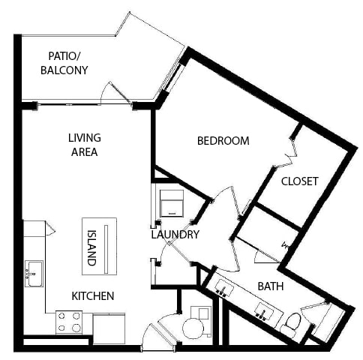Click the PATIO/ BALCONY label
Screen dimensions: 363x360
64,63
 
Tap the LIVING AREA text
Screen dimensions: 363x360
85,145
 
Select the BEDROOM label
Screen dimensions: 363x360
223,141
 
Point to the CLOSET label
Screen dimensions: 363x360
300,181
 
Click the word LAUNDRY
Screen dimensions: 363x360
175,235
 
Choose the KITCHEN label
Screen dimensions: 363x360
93,296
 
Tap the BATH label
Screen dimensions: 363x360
271,286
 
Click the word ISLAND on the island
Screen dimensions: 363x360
91,247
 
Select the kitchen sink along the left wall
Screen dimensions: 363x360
34,274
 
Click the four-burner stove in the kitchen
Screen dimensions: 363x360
69,322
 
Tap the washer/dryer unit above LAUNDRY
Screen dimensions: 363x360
172,203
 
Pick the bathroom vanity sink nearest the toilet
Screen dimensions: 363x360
264,311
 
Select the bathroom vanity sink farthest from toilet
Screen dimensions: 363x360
224,288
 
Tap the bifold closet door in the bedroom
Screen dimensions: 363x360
291,153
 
